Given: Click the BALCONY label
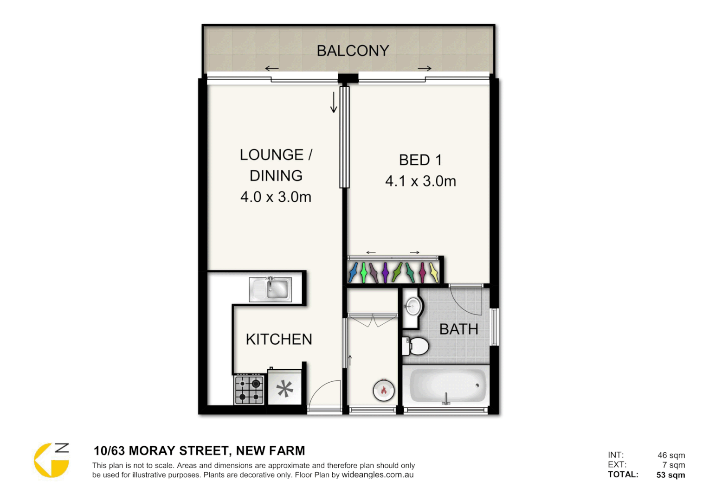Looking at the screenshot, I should pyautogui.click(x=353, y=51).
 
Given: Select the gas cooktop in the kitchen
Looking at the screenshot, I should pyautogui.click(x=249, y=390).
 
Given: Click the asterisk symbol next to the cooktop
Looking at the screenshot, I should pyautogui.click(x=285, y=389).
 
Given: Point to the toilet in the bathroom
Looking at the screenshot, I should pyautogui.click(x=416, y=346).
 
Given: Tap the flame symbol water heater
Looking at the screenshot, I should pyautogui.click(x=384, y=390).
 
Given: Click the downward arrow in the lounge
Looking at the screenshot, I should pyautogui.click(x=333, y=103).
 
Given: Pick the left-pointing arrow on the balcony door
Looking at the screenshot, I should pyautogui.click(x=271, y=69).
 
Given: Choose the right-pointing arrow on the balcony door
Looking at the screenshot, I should pyautogui.click(x=425, y=69).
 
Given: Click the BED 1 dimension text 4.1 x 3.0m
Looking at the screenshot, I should pyautogui.click(x=420, y=181).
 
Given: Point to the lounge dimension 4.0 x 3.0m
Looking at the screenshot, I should pyautogui.click(x=276, y=197).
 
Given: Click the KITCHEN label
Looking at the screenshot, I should pyautogui.click(x=279, y=339).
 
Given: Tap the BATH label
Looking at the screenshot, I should pyautogui.click(x=458, y=329).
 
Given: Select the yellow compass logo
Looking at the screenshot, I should pyautogui.click(x=51, y=460).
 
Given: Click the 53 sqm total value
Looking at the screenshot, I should pyautogui.click(x=670, y=475).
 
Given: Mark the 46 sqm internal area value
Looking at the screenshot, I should pyautogui.click(x=671, y=455).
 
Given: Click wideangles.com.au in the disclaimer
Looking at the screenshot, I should pyautogui.click(x=377, y=475).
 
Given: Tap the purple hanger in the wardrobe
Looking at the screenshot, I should pyautogui.click(x=385, y=272).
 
